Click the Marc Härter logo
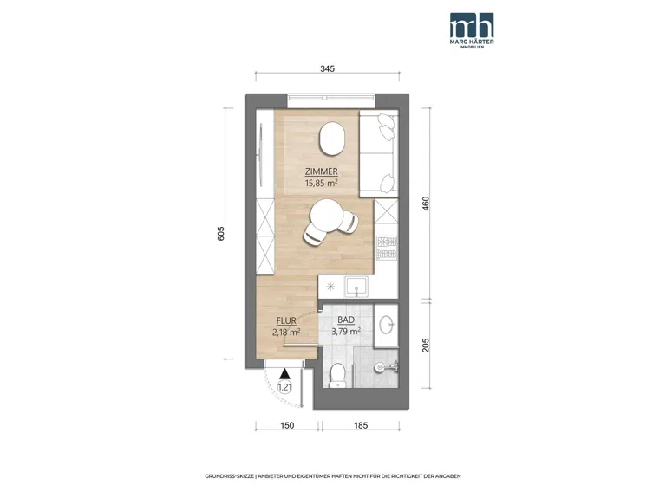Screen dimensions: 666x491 (472, 30)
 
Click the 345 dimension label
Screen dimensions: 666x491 (328, 68)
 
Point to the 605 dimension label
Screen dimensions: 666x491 (221, 234)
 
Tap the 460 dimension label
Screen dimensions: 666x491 (426, 204)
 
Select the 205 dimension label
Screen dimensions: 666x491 (426, 346)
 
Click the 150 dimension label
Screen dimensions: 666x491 (287, 425)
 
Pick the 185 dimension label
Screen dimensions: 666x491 (361, 425)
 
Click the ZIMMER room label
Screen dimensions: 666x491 (322, 171)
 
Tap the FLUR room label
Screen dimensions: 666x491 (286, 321)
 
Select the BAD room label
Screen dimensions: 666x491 (346, 320)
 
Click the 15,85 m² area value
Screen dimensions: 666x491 (322, 184)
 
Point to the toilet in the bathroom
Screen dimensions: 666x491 (338, 375)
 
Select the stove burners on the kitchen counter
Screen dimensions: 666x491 (387, 248)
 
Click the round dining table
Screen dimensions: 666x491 (326, 216)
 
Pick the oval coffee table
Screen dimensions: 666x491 (332, 139)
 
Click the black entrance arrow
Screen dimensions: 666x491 (284, 373)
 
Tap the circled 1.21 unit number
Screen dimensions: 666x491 (284, 387)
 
